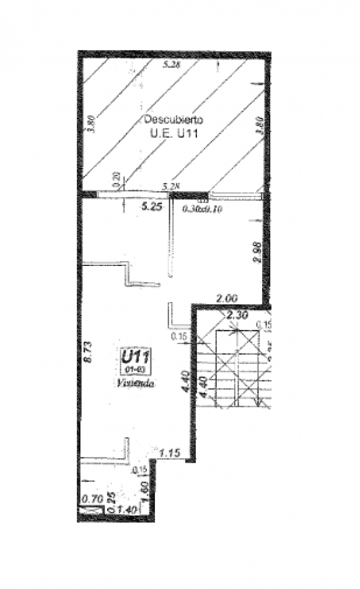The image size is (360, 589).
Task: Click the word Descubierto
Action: point(173,119)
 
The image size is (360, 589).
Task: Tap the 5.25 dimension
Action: point(152,208)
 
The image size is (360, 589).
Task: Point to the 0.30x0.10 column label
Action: point(204,209)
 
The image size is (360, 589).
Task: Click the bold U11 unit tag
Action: point(137,356)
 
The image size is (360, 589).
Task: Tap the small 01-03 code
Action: point(137,370)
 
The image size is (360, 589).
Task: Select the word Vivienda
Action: point(136,383)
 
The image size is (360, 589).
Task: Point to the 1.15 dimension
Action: point(169,454)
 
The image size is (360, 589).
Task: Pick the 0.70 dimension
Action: point(92,497)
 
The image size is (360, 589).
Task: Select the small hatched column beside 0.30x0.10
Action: point(201,200)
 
